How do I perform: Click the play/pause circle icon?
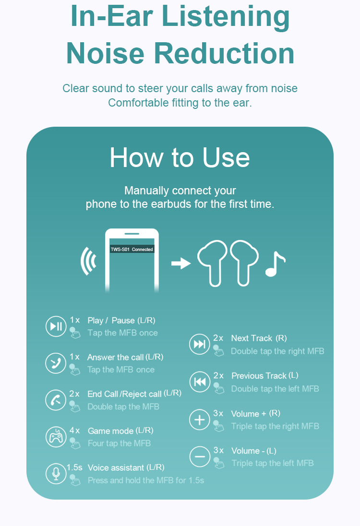pyautogui.click(x=56, y=326)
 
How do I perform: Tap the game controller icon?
pyautogui.click(x=56, y=437)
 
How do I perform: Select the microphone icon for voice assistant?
pyautogui.click(x=56, y=474)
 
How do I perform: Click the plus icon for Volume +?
pyautogui.click(x=200, y=419)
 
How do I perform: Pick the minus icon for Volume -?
pyautogui.click(x=200, y=456)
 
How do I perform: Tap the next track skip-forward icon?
pyautogui.click(x=200, y=344)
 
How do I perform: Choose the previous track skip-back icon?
pyautogui.click(x=200, y=382)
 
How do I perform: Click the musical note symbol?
pyautogui.click(x=275, y=264)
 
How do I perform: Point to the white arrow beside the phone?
pyautogui.click(x=181, y=263)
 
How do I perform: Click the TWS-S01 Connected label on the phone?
pyautogui.click(x=132, y=249)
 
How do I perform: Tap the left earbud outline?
pyautogui.click(x=213, y=263)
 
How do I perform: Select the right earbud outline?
pyautogui.click(x=244, y=263)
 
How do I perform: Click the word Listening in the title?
pyautogui.click(x=226, y=16)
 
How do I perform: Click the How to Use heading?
pyautogui.click(x=180, y=157)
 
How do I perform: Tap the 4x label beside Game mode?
pyautogui.click(x=74, y=430)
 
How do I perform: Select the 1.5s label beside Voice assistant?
pyautogui.click(x=74, y=467)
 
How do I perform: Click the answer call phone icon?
pyautogui.click(x=56, y=363)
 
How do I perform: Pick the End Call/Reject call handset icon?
pyautogui.click(x=56, y=400)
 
